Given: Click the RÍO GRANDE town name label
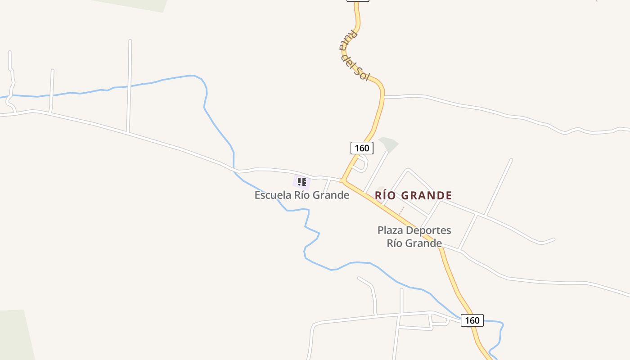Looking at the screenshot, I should pyautogui.click(x=413, y=195).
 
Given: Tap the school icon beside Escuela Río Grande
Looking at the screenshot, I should pyautogui.click(x=301, y=182).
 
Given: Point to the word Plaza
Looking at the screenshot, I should pyautogui.click(x=390, y=230).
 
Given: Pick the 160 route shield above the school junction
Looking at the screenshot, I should pyautogui.click(x=361, y=148).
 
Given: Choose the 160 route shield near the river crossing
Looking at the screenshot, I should pyautogui.click(x=472, y=320).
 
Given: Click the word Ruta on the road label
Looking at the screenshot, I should pyautogui.click(x=347, y=39).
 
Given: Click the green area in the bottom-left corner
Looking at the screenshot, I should pyautogui.click(x=16, y=335).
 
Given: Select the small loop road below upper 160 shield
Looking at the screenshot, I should pyautogui.click(x=360, y=164).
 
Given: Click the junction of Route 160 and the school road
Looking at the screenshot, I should pyautogui.click(x=342, y=180).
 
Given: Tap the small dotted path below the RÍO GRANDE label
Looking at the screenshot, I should pyautogui.click(x=401, y=210).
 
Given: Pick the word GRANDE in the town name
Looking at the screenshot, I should pyautogui.click(x=426, y=195).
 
